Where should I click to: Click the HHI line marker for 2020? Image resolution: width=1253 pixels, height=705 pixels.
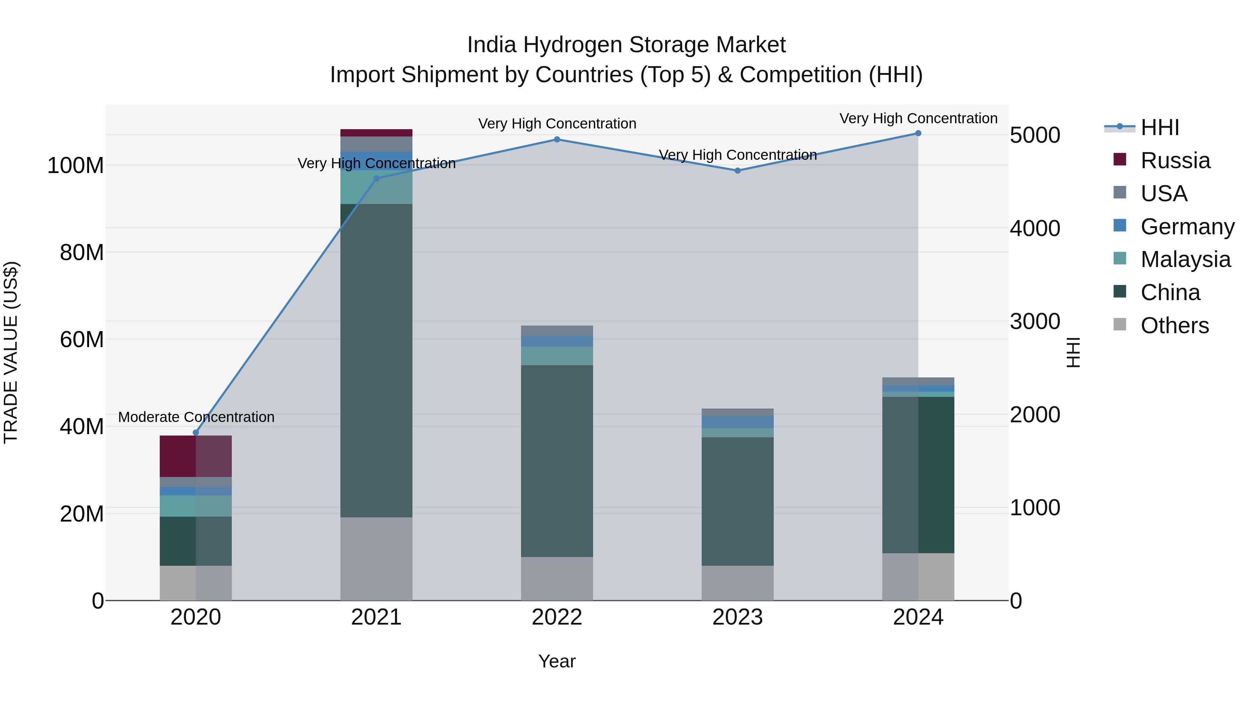pyautogui.click(x=196, y=432)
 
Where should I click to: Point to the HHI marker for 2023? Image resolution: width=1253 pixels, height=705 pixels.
pyautogui.click(x=738, y=171)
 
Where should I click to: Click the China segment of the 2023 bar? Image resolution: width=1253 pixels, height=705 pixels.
pyautogui.click(x=738, y=501)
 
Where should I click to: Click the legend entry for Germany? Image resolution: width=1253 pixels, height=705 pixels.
pyautogui.click(x=1187, y=227)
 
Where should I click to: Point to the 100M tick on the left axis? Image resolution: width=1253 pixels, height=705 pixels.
pyautogui.click(x=76, y=166)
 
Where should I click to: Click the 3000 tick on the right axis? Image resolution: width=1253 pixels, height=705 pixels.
pyautogui.click(x=1035, y=322)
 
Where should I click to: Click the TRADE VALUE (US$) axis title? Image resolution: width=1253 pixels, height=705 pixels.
pyautogui.click(x=11, y=352)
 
